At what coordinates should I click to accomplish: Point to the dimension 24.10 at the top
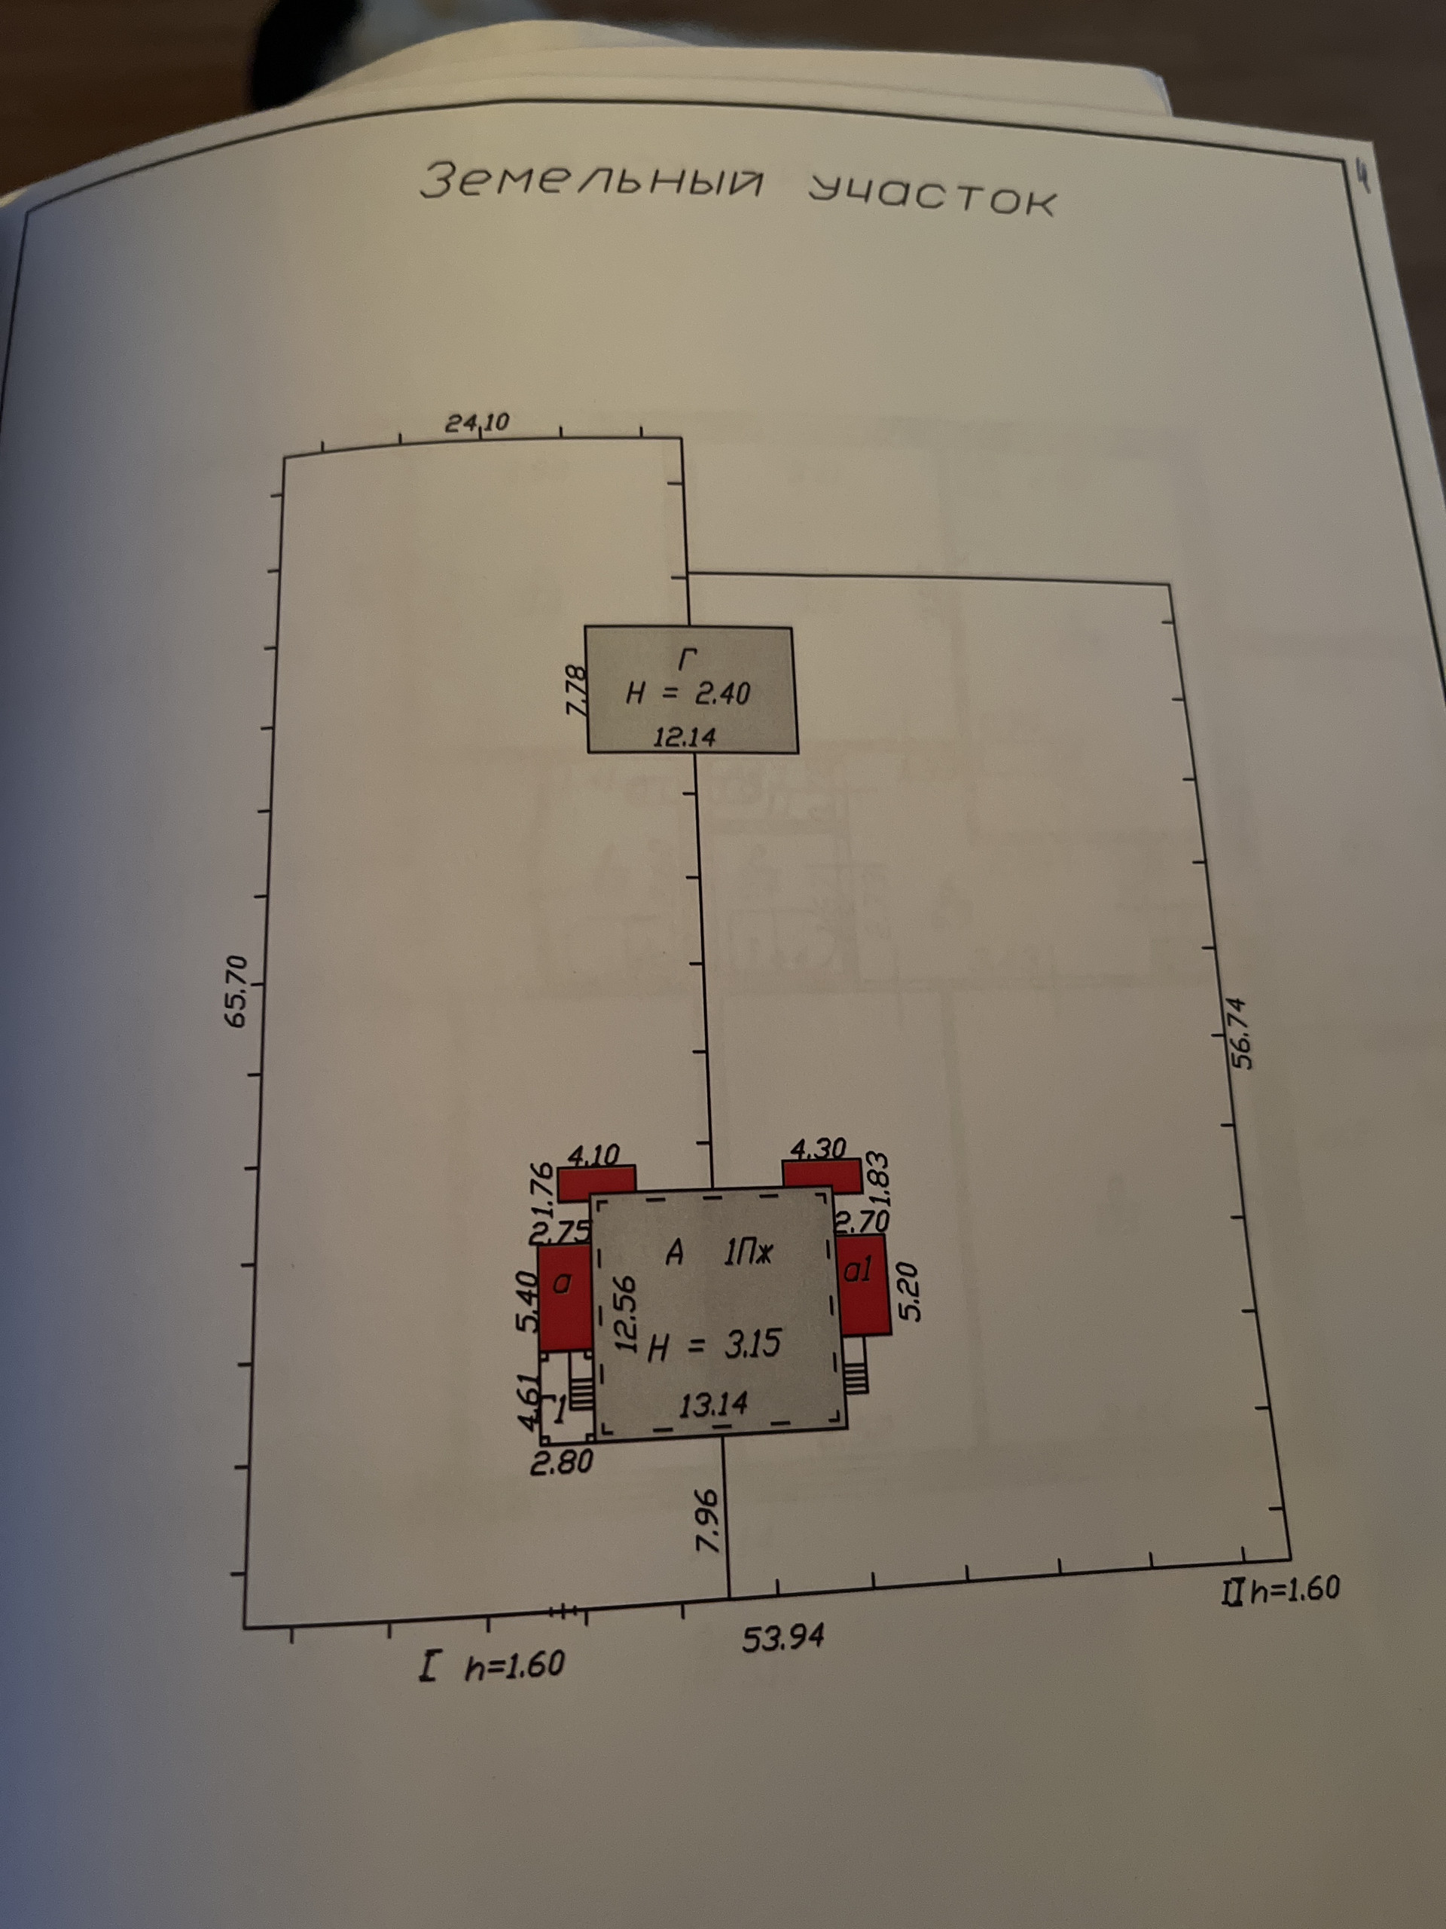pyautogui.click(x=477, y=423)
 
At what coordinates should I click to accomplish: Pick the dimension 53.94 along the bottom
pyautogui.click(x=782, y=1637)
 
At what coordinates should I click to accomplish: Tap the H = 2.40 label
pyautogui.click(x=688, y=694)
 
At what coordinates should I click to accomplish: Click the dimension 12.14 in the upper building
pyautogui.click(x=685, y=738)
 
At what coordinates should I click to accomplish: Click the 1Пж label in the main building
pyautogui.click(x=749, y=1254)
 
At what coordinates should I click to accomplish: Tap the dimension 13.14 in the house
pyautogui.click(x=713, y=1404)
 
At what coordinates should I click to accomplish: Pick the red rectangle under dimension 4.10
pyautogui.click(x=596, y=1182)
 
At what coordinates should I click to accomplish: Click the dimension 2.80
pyautogui.click(x=561, y=1463)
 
